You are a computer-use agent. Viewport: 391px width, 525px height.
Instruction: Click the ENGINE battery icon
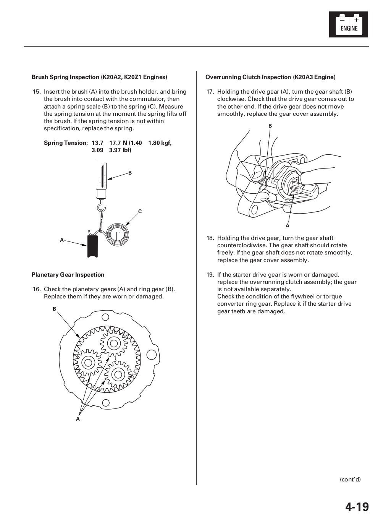click(348, 24)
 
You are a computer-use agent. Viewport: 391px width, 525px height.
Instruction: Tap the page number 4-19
click(357, 507)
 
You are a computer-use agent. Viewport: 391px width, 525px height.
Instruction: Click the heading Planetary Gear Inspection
click(68, 275)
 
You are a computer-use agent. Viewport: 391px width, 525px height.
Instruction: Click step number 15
click(37, 92)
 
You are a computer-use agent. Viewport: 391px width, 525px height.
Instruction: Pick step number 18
click(210, 238)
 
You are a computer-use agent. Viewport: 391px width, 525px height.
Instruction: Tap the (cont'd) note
click(350, 480)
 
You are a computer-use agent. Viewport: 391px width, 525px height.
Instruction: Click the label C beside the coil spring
click(140, 211)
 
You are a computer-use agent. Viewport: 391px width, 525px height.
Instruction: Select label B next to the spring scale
click(130, 173)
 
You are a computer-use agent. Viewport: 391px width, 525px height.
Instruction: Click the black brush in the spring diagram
click(92, 246)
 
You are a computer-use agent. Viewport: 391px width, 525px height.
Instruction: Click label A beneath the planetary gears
click(78, 419)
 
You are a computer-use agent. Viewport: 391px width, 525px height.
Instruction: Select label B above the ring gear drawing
click(54, 309)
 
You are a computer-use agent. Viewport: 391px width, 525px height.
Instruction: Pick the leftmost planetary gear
click(88, 362)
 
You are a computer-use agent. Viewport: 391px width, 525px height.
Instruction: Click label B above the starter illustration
click(270, 126)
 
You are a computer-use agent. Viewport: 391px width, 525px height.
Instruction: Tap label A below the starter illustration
click(288, 225)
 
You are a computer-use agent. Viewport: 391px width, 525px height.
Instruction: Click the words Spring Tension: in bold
click(66, 143)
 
